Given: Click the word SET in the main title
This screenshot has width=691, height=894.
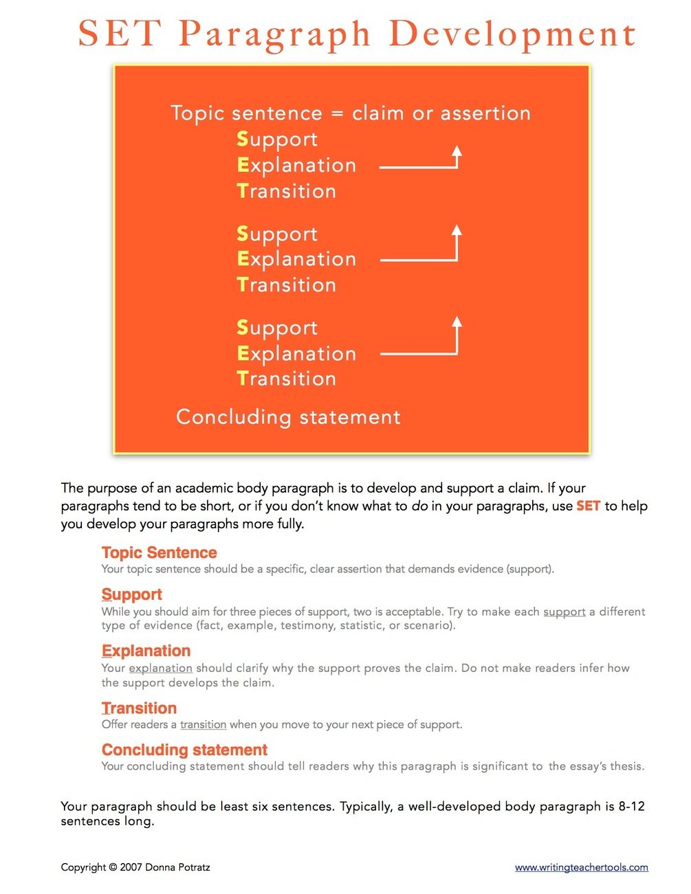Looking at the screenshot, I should click(x=120, y=34).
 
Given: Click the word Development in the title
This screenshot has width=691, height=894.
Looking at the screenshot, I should click(x=512, y=34).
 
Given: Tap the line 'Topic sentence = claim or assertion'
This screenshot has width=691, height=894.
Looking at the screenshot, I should click(x=351, y=113).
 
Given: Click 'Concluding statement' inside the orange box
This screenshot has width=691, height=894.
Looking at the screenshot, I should click(x=288, y=417).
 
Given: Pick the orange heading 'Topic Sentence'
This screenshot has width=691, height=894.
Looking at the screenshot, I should click(x=159, y=552).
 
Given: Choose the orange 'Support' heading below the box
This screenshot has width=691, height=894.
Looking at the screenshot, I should click(x=131, y=594).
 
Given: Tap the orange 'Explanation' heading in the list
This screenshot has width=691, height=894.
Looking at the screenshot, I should click(x=146, y=651).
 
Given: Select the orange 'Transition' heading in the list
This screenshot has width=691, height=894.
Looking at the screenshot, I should click(x=139, y=708).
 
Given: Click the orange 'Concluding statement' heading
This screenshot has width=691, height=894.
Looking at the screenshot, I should click(x=184, y=750).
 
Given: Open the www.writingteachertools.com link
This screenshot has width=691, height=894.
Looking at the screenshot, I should click(x=581, y=867).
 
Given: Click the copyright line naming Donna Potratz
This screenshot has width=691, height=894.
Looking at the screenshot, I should click(x=135, y=867).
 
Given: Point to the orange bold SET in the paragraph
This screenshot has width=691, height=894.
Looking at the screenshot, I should click(x=588, y=506).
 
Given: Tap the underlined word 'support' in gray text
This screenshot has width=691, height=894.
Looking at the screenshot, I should click(x=564, y=612).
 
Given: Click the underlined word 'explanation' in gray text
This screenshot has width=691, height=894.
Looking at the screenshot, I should click(x=160, y=668).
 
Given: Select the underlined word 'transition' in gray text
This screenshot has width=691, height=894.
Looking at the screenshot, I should click(x=203, y=724).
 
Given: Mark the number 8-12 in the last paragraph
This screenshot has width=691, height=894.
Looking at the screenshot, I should click(x=631, y=806).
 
